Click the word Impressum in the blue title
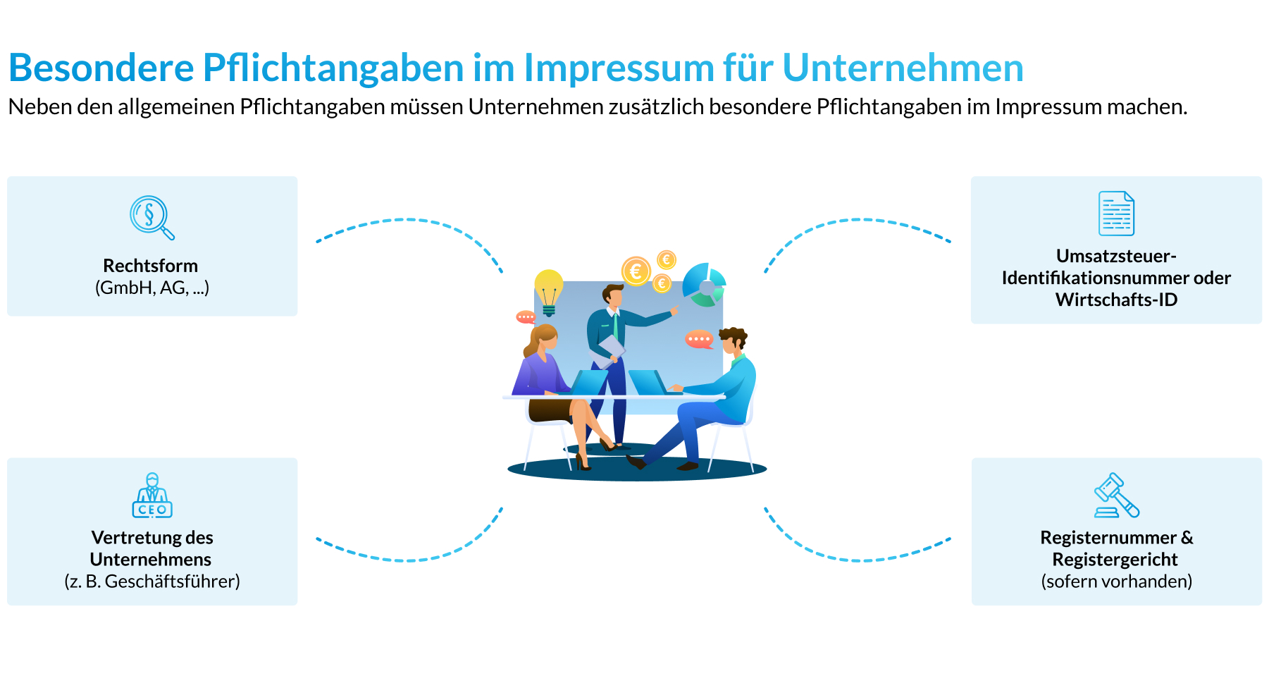pyautogui.click(x=619, y=68)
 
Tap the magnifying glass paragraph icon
pyautogui.click(x=150, y=216)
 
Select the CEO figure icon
pyautogui.click(x=152, y=496)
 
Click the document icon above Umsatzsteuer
pyautogui.click(x=1116, y=214)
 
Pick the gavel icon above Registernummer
pyautogui.click(x=1116, y=495)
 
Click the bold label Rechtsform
pyautogui.click(x=151, y=266)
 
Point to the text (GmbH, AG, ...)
pyautogui.click(x=152, y=288)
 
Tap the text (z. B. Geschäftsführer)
pyautogui.click(x=152, y=582)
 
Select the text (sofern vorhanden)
pyautogui.click(x=1117, y=582)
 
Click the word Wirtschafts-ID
pyautogui.click(x=1117, y=300)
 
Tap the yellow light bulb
pyautogui.click(x=548, y=288)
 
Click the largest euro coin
pyautogui.click(x=636, y=271)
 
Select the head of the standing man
pyautogui.click(x=613, y=295)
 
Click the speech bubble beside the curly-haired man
pyautogui.click(x=699, y=339)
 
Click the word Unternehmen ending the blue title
pyautogui.click(x=903, y=68)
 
